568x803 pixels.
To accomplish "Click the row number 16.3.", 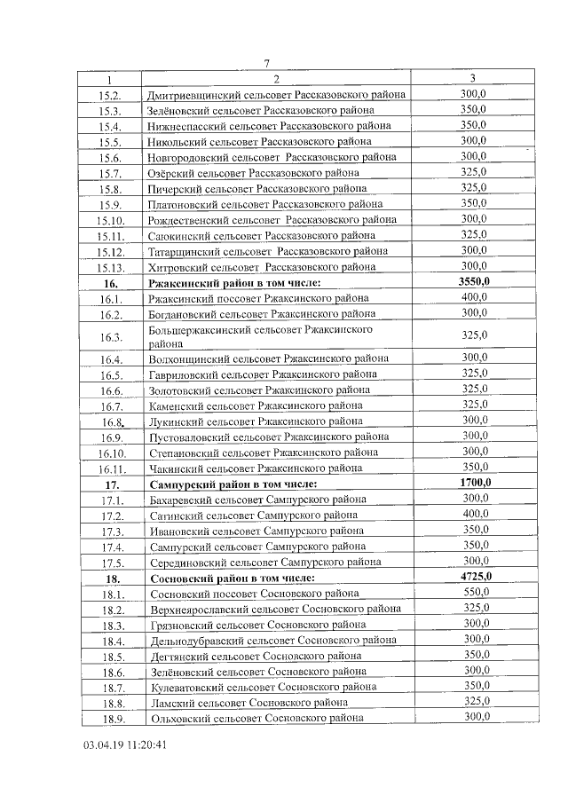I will click(x=111, y=337).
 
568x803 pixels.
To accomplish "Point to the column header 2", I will click(x=276, y=78).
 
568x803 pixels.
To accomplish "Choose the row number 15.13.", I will click(x=111, y=266).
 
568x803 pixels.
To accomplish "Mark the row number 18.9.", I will click(x=111, y=718).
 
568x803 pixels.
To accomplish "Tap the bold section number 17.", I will click(x=111, y=484).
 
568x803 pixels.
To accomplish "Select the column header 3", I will click(x=473, y=78).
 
